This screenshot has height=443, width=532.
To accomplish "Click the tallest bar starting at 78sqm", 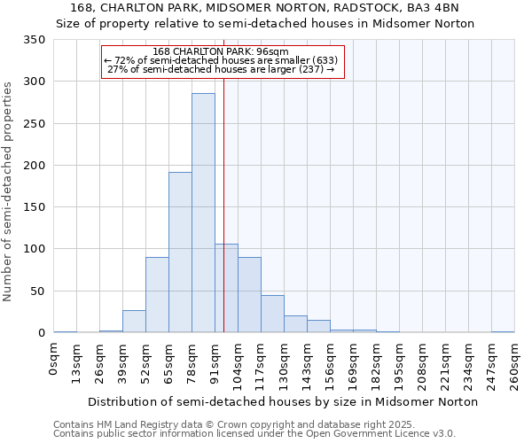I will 203,213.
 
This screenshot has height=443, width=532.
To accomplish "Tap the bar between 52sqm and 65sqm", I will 157,295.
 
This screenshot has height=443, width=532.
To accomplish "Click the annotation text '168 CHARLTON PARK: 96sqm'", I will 222,51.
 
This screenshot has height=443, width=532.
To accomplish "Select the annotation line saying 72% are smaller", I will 222,60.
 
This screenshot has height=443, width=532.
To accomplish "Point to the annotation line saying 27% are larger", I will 222,70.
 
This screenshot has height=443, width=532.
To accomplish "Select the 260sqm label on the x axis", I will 515,363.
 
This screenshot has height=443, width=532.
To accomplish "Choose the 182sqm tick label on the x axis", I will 377,363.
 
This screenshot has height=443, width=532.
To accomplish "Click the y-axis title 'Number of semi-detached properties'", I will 9,190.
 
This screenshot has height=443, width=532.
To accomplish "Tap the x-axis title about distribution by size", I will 284,402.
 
